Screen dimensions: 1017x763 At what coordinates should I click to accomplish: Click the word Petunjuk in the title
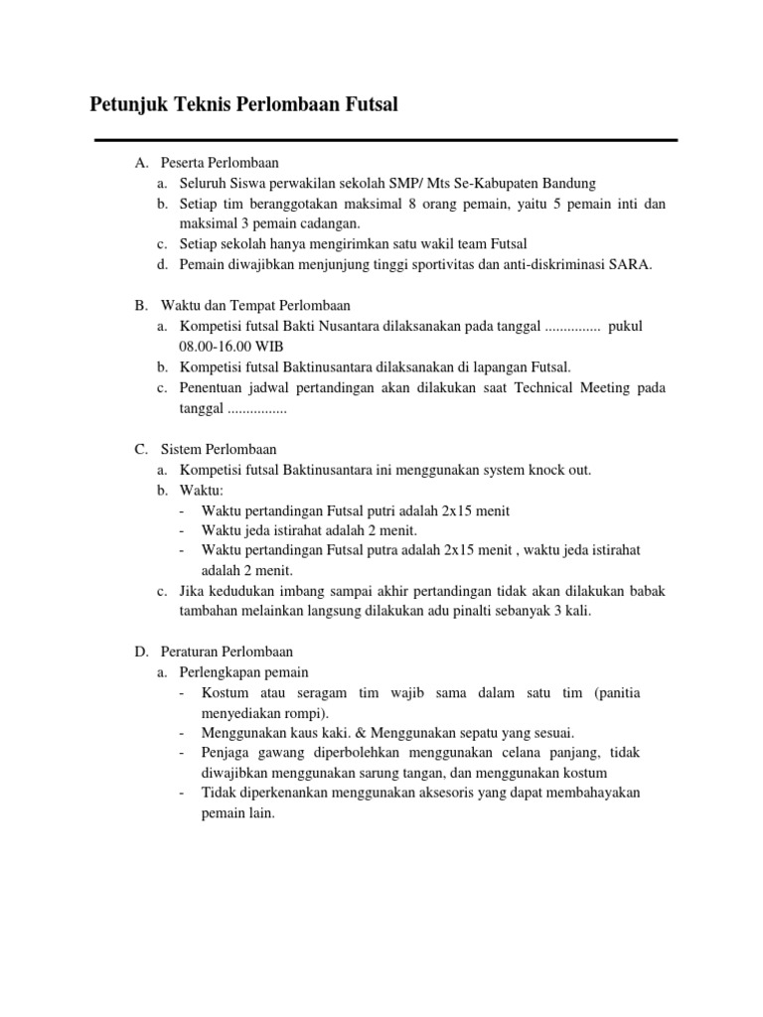[x=127, y=104]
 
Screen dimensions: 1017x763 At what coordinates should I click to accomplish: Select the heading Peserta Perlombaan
[x=220, y=163]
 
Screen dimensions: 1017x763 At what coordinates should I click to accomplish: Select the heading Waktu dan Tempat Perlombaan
[x=254, y=305]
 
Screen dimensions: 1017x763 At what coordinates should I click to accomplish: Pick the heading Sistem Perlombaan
[x=219, y=449]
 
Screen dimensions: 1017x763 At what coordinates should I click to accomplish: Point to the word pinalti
[x=482, y=611]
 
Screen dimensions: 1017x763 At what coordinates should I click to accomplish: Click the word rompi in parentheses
[x=309, y=712]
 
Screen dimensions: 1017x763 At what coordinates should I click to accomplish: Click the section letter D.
[x=141, y=652]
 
